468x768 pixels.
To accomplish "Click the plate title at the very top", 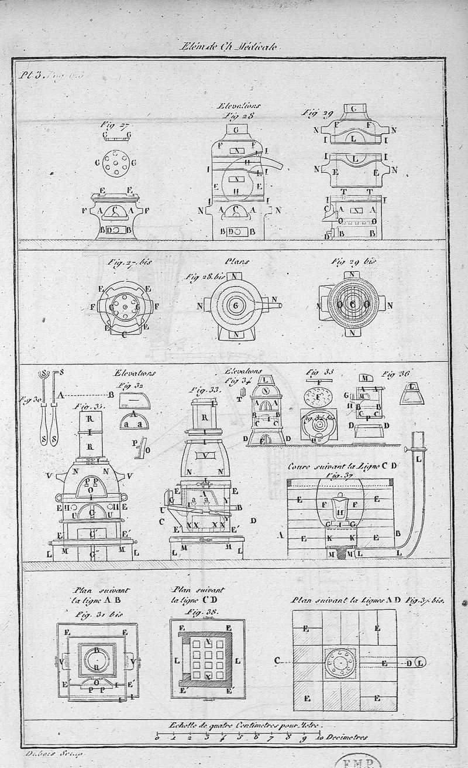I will click(x=232, y=48).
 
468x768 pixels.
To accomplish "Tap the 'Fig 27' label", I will click(x=114, y=124).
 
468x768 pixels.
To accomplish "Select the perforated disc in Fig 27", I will click(x=115, y=162).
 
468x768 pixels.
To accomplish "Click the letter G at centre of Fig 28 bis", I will click(x=235, y=306).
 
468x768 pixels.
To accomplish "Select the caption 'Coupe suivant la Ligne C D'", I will click(x=342, y=466).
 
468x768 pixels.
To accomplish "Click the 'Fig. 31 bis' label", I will click(x=97, y=613).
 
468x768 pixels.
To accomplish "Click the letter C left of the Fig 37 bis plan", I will click(x=277, y=661).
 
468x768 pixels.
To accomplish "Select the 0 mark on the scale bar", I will click(x=157, y=737).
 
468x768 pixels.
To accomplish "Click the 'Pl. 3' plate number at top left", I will click(x=29, y=75).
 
